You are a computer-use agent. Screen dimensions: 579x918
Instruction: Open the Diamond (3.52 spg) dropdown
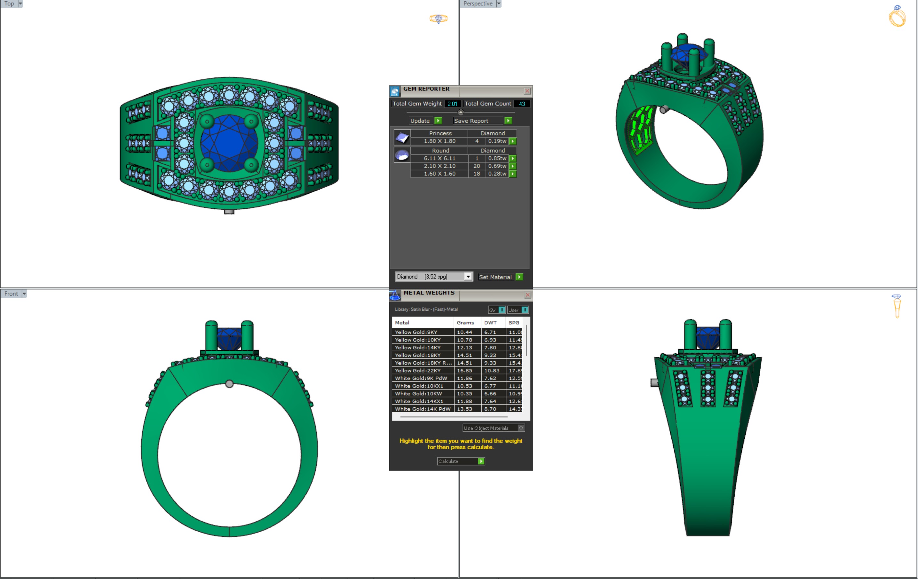[x=468, y=277]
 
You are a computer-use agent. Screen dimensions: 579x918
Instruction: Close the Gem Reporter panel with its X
[x=527, y=91]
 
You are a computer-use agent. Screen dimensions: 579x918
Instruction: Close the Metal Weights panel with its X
[x=528, y=295]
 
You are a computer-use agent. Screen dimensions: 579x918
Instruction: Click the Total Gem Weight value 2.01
[x=452, y=104]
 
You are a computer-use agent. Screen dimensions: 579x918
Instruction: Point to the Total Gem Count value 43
[x=521, y=104]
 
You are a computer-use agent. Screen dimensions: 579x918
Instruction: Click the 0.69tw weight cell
[x=497, y=166]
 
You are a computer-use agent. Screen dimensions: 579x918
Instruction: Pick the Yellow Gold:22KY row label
[x=417, y=371]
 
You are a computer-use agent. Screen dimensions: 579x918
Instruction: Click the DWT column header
[x=490, y=323]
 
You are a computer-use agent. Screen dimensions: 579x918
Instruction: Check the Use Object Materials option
[x=521, y=428]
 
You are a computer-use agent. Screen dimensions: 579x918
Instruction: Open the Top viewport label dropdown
[x=20, y=4]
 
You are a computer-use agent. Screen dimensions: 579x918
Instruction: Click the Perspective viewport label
[x=478, y=4]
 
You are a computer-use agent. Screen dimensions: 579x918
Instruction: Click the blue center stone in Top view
[x=229, y=143]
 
